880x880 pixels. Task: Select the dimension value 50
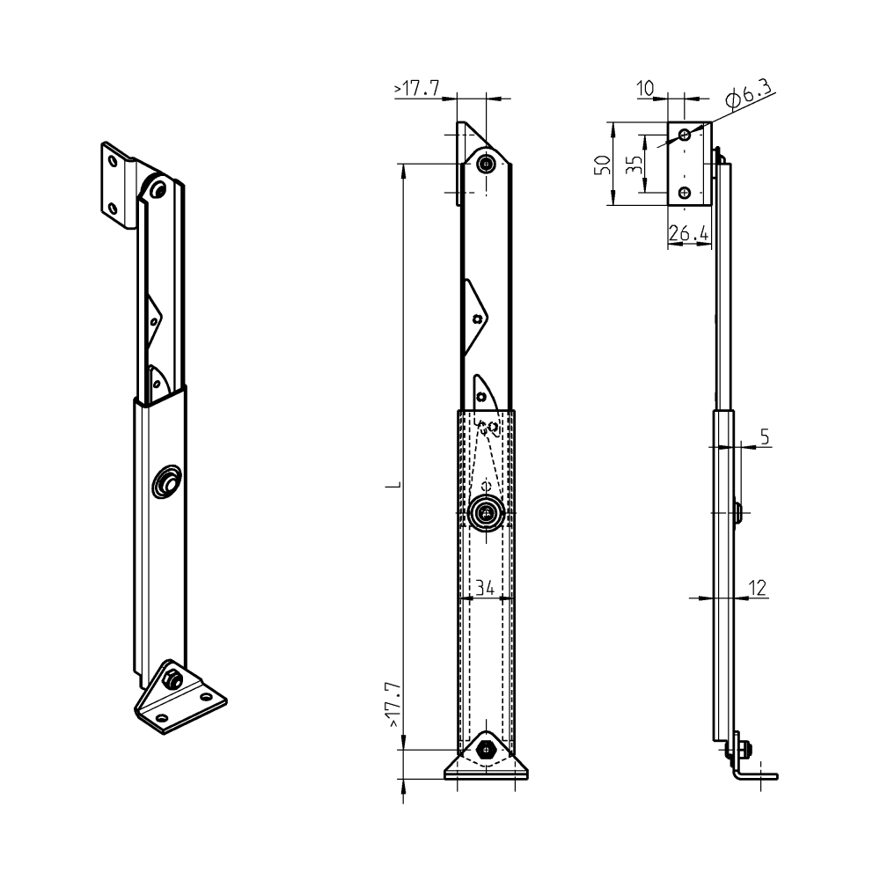[x=602, y=165]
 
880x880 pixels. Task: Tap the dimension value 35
[x=633, y=165]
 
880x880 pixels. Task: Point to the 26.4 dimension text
[x=688, y=234]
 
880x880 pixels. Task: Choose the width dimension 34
[x=485, y=587]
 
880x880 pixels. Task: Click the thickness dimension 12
[x=758, y=586]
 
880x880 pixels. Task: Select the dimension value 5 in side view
[x=765, y=436]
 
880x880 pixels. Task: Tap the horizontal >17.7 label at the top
[x=417, y=89]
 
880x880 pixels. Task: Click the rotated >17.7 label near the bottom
[x=393, y=704]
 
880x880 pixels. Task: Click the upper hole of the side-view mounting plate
[x=685, y=135]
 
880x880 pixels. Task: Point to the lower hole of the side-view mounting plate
[x=685, y=193]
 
